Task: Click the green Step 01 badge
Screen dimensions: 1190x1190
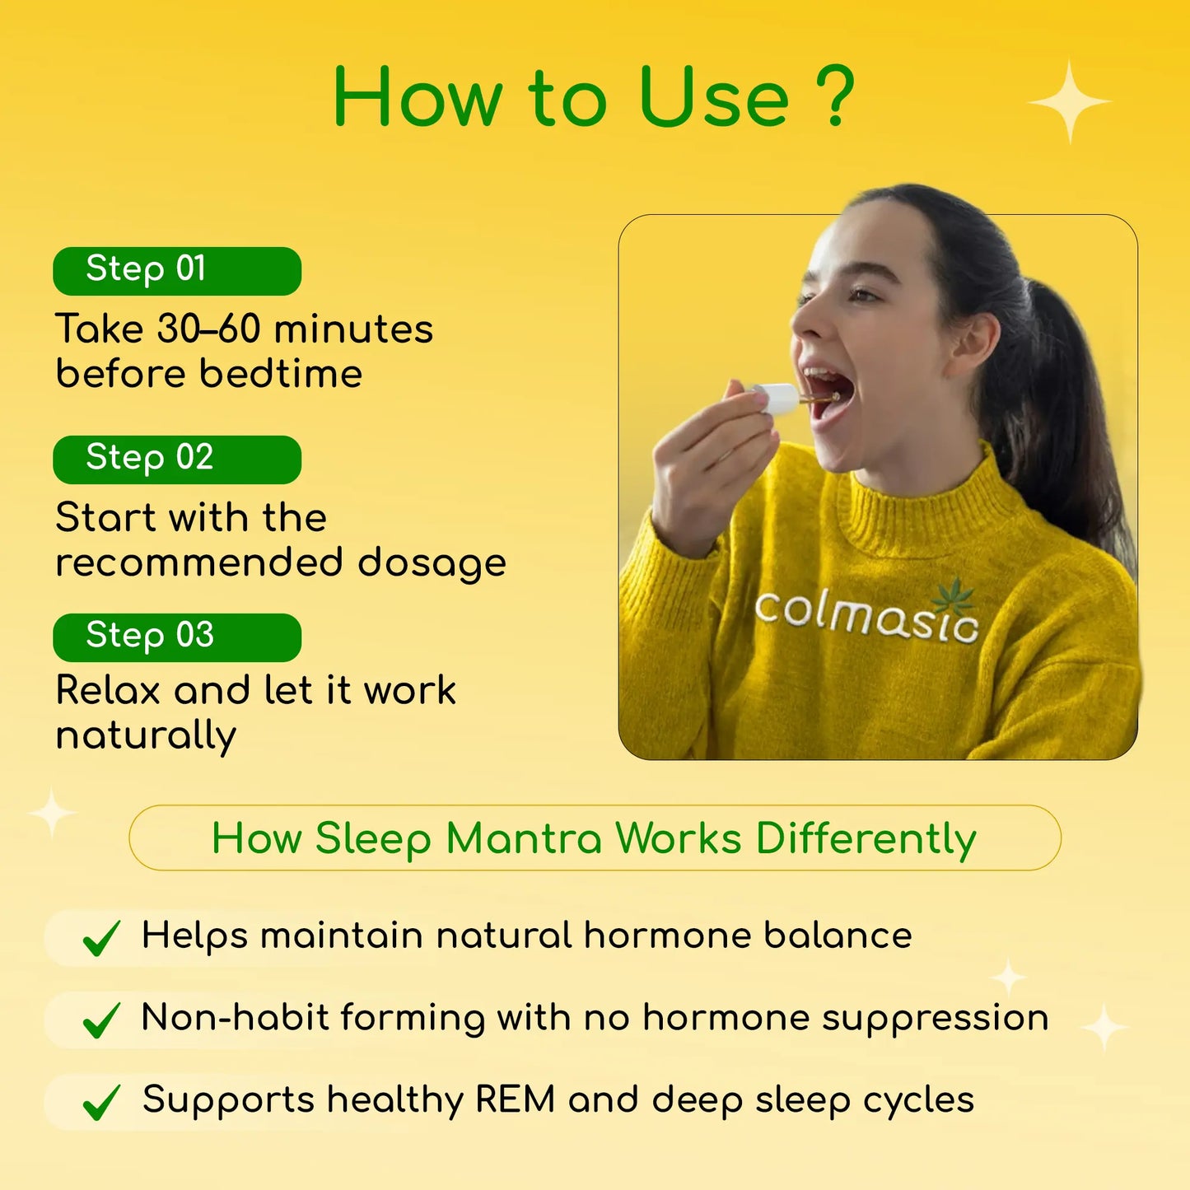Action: (x=177, y=271)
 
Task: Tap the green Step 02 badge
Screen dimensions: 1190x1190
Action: (x=177, y=460)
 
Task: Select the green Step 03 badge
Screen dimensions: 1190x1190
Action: (x=177, y=637)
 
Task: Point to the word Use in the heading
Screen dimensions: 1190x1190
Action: (x=713, y=99)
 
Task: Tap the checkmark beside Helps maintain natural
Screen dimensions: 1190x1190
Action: (x=102, y=938)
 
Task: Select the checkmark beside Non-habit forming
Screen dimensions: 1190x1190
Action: (x=102, y=1020)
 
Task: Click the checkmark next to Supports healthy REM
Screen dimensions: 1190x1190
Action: (x=102, y=1103)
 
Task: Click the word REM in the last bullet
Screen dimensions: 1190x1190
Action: (x=515, y=1100)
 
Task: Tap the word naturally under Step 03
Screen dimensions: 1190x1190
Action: (x=147, y=735)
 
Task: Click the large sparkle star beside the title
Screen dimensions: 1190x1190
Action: (x=1070, y=102)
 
